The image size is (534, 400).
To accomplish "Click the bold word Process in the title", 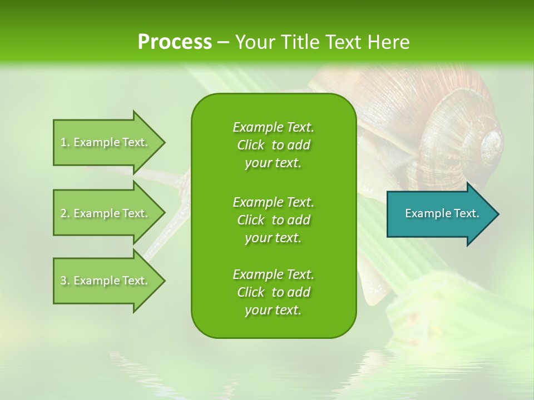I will pyautogui.click(x=175, y=42).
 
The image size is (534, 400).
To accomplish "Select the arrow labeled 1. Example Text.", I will pyautogui.click(x=106, y=142).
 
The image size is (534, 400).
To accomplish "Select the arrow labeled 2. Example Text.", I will pyautogui.click(x=106, y=213).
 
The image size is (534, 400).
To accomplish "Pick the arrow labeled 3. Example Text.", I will pyautogui.click(x=106, y=281).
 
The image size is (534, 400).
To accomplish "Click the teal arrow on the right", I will pyautogui.click(x=439, y=214).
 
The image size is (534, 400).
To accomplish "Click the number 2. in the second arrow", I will pyautogui.click(x=65, y=213).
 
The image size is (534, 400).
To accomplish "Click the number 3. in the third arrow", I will pyautogui.click(x=65, y=281).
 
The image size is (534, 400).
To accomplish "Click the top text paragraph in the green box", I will pyautogui.click(x=273, y=145).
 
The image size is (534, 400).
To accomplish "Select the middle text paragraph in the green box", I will pyautogui.click(x=273, y=220).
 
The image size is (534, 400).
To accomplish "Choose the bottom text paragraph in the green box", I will pyautogui.click(x=273, y=292).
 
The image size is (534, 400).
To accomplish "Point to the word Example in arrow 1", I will pyautogui.click(x=96, y=142).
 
